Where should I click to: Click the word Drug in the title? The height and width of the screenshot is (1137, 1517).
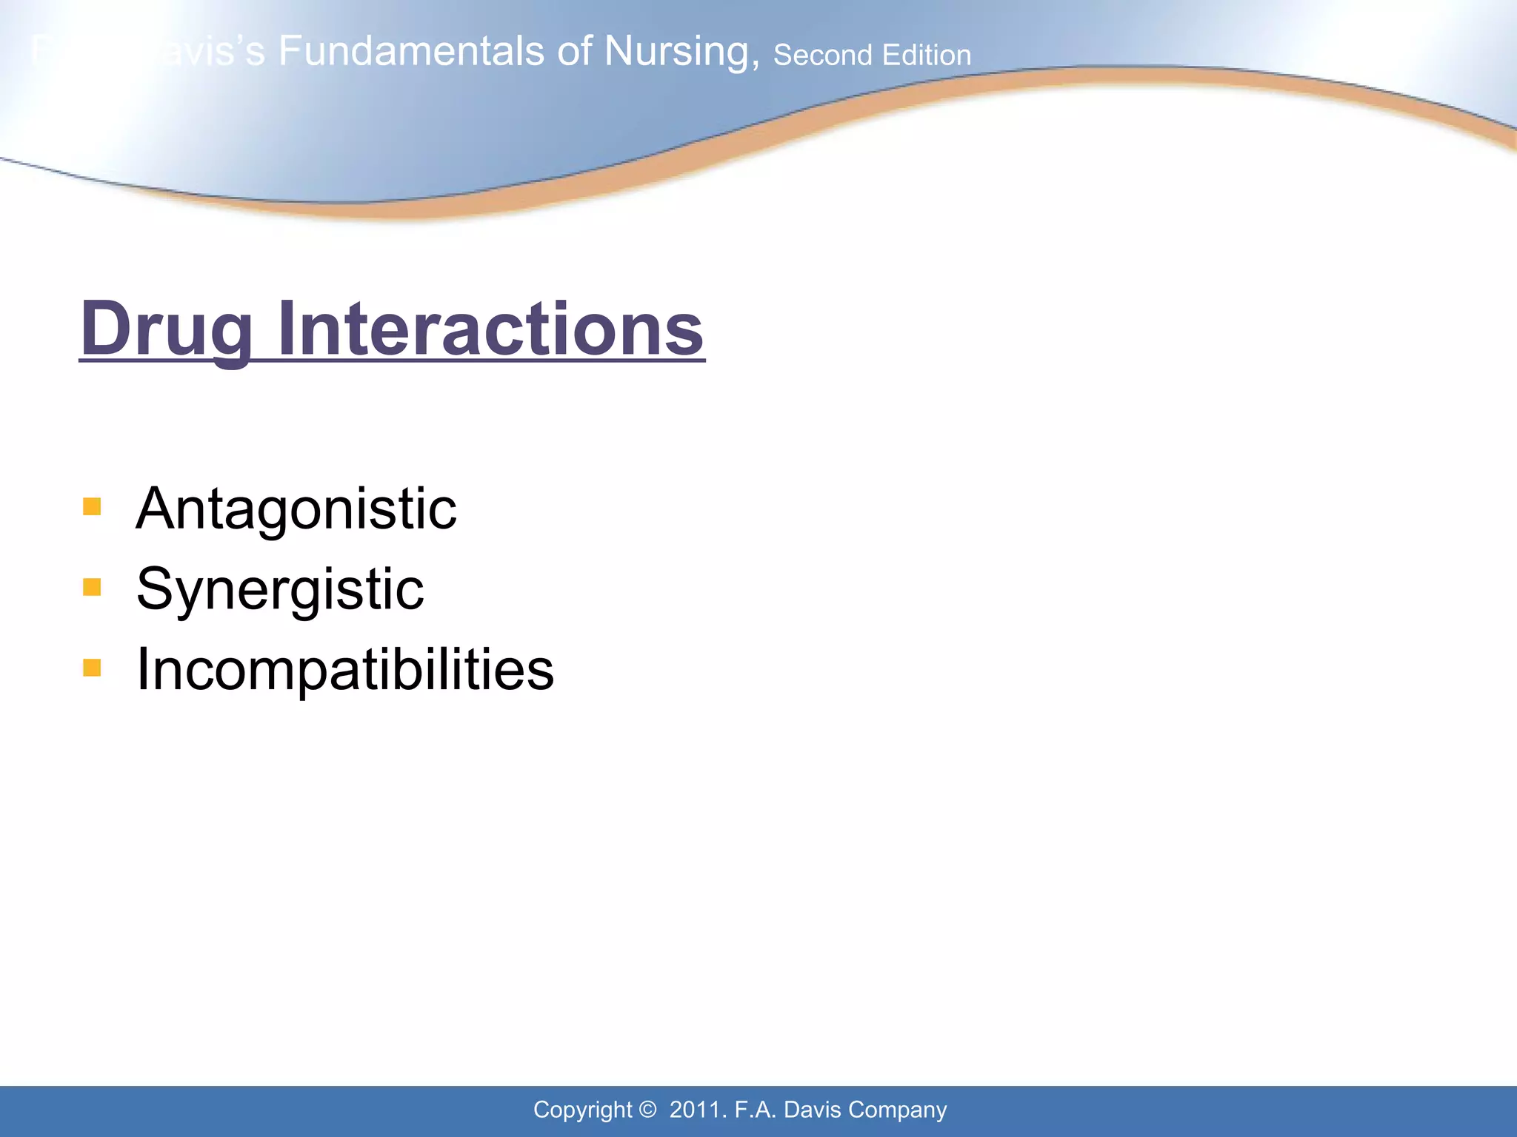(167, 329)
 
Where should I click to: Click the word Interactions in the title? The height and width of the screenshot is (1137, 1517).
(490, 329)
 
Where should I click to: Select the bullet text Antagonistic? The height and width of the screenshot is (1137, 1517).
(296, 509)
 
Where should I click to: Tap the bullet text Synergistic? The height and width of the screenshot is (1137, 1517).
(280, 590)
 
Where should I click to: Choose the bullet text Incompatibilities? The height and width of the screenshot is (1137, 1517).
(345, 669)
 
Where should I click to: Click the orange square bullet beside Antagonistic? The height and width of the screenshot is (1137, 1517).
(92, 507)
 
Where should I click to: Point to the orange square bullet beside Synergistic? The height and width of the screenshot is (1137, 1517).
(92, 588)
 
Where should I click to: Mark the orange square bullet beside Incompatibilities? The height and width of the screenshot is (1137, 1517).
(92, 668)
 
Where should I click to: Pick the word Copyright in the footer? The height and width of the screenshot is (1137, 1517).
(582, 1110)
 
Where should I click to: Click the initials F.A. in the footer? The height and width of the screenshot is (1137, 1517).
(756, 1110)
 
